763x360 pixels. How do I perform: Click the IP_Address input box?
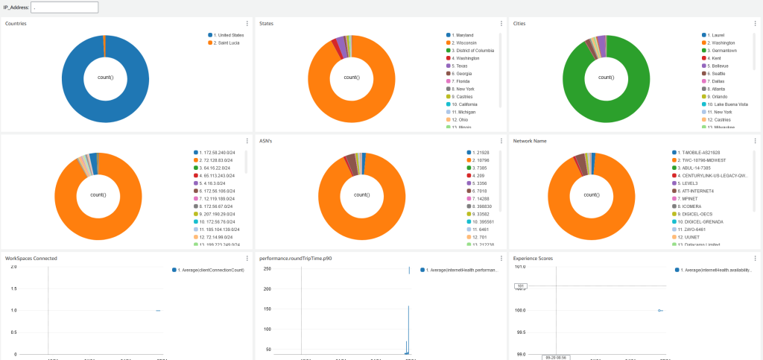coord(64,7)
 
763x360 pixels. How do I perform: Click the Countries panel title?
coord(18,24)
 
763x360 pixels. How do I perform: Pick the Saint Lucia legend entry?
coord(227,42)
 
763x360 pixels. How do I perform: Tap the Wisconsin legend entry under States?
coord(465,42)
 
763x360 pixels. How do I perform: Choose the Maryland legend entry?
coord(464,35)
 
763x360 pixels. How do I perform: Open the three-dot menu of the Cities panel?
coord(756,24)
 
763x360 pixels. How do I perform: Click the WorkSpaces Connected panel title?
coord(31,259)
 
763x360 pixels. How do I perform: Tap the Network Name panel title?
coord(531,140)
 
